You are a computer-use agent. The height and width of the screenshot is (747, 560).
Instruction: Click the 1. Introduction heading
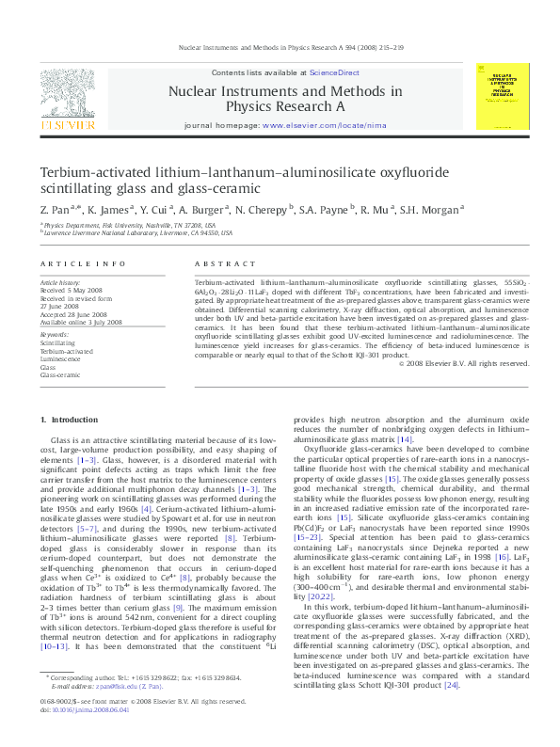click(x=67, y=418)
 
